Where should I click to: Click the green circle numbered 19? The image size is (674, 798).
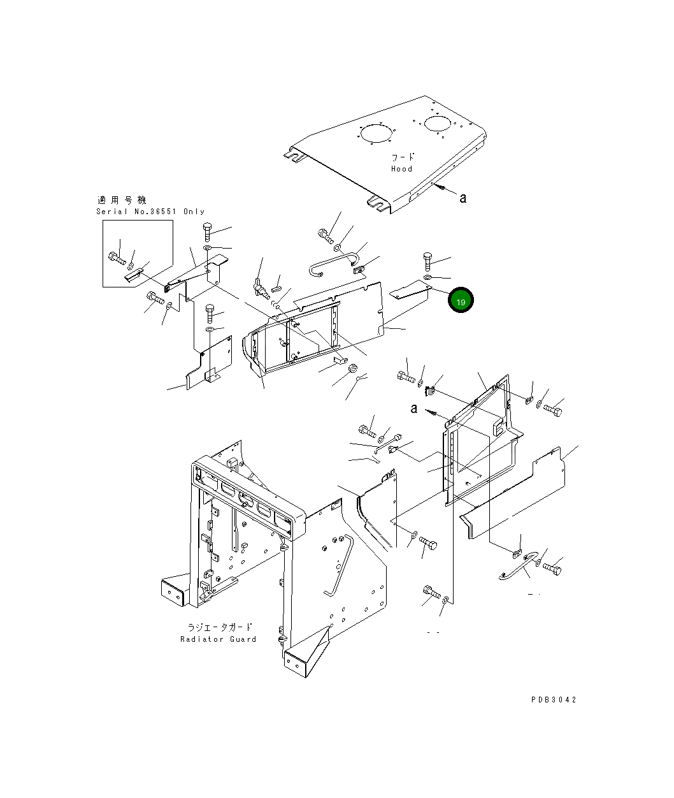coord(461,300)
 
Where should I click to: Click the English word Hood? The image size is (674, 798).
coord(401,169)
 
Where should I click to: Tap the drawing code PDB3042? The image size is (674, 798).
coord(554,700)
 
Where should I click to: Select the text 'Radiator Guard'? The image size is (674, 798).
coord(218,639)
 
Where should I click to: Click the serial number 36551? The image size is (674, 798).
coord(163,212)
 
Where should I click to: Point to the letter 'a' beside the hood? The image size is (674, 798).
coord(462,198)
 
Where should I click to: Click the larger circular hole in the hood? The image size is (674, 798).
coord(376,133)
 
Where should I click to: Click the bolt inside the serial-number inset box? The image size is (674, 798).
coord(117,258)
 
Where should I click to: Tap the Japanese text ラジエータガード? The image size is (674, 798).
coord(220,627)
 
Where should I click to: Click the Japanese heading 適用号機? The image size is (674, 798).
coord(122,200)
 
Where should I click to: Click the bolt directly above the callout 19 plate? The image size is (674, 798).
coord(427,261)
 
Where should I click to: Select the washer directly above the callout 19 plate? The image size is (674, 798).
coord(428,277)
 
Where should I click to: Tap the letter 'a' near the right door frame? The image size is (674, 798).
coord(414,409)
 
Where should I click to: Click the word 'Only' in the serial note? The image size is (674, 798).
coord(194,212)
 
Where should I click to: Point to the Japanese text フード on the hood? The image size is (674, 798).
coord(403,157)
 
